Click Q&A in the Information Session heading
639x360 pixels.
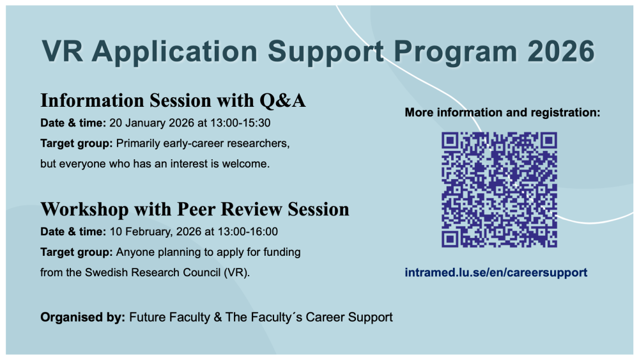click(282, 100)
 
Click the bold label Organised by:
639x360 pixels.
click(82, 318)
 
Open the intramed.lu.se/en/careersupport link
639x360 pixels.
click(496, 273)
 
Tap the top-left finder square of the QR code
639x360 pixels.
click(450, 141)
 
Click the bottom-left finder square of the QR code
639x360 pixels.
click(450, 239)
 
